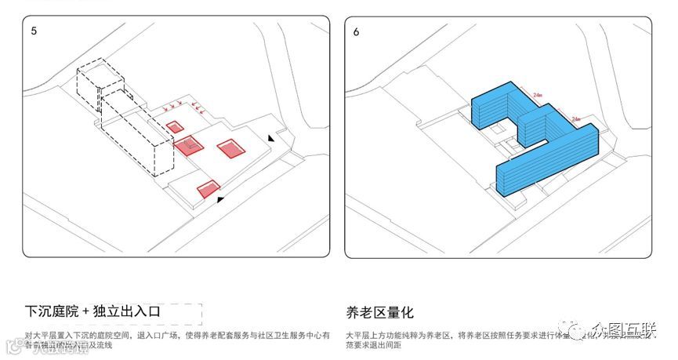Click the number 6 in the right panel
click(x=357, y=32)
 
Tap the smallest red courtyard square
click(x=175, y=126)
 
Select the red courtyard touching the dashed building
click(x=189, y=146)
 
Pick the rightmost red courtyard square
click(x=231, y=148)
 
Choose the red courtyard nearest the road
click(x=208, y=188)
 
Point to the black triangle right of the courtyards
click(x=271, y=138)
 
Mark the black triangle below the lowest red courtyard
click(x=221, y=200)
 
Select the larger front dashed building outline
click(x=137, y=133)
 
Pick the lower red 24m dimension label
click(x=576, y=119)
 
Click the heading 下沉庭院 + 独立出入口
click(x=93, y=311)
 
